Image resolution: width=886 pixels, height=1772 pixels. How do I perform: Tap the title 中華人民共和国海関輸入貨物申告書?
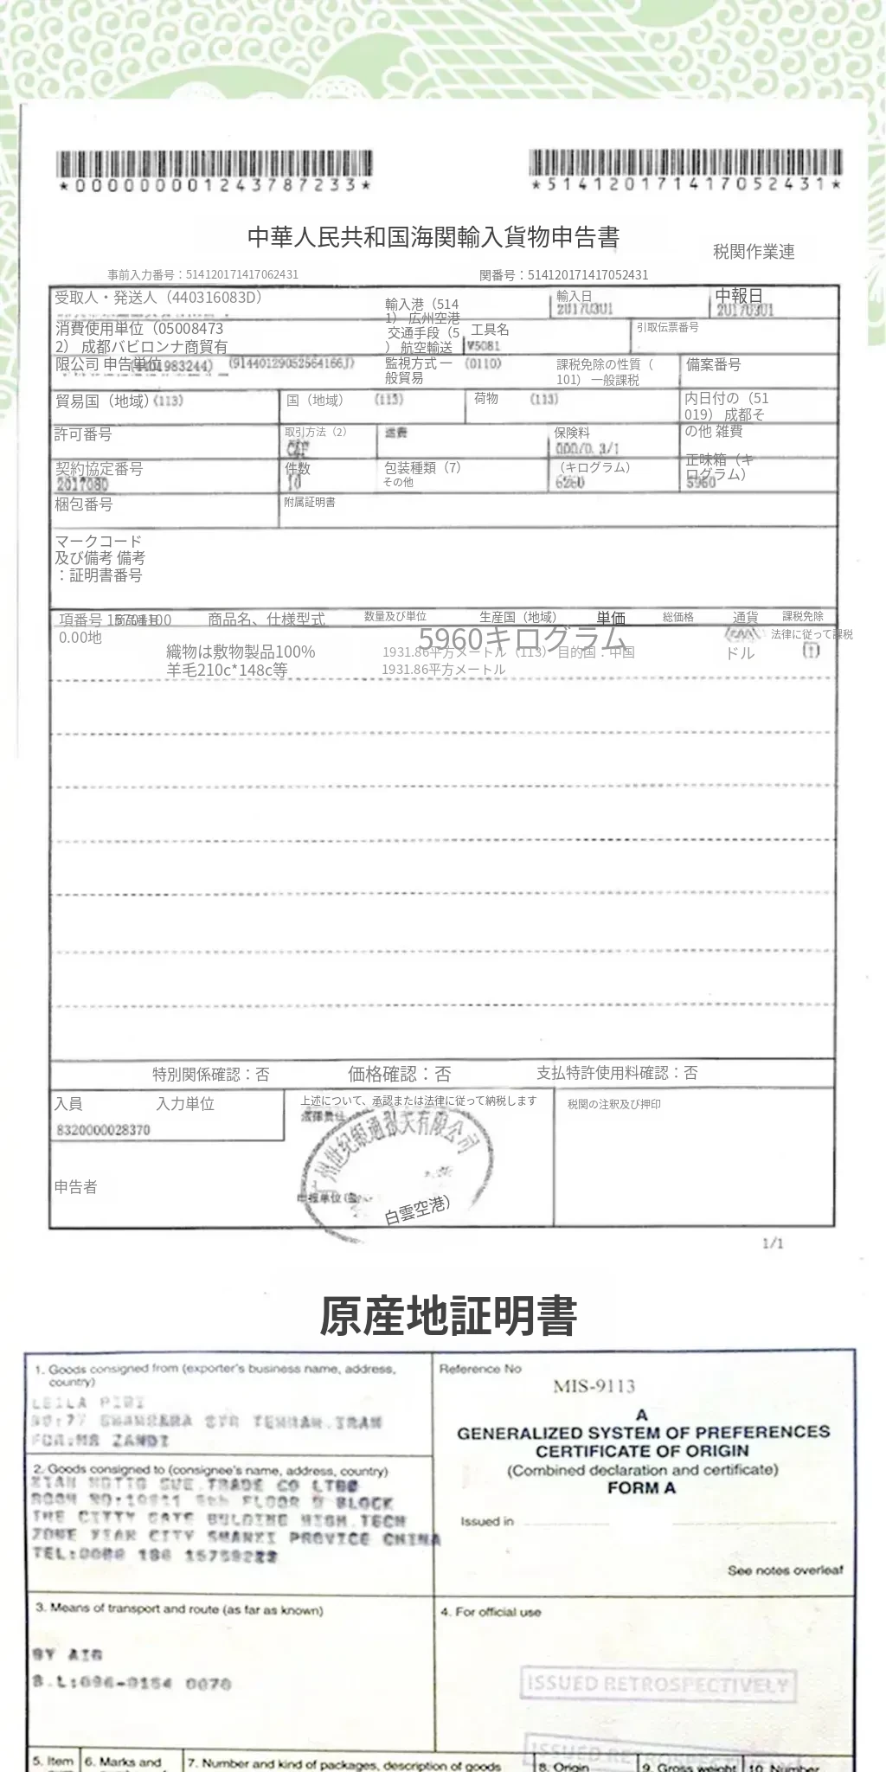433,237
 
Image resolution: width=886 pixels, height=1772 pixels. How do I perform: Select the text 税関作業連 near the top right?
754,252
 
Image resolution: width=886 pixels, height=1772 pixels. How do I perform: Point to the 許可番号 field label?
83,434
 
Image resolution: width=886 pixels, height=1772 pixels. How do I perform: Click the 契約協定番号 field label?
99,469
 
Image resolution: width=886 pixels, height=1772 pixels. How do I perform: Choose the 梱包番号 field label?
83,504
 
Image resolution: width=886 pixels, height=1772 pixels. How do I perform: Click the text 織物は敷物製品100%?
241,652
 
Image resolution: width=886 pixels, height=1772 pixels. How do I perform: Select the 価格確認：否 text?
399,1074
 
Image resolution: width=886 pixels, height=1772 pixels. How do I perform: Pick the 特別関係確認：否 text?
211,1075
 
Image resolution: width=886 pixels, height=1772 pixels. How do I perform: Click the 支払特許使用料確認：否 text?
617,1073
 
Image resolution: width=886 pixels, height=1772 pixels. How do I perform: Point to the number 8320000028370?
103,1130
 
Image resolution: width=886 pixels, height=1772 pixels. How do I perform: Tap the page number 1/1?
773,1243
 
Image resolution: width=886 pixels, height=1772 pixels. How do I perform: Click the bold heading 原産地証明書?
448,1316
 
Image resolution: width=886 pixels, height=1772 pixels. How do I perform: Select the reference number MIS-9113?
594,1386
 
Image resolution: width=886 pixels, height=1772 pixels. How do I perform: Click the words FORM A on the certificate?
641,1488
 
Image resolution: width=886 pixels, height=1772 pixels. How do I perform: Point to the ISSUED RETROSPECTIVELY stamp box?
658,1684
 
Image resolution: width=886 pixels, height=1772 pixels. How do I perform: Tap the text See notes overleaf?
785,1570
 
